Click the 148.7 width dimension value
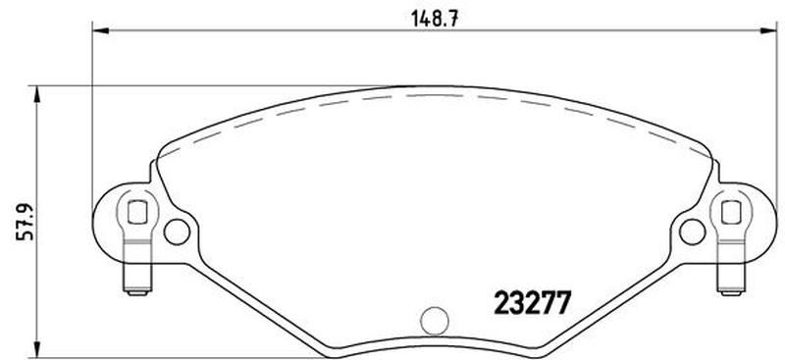[x=435, y=20]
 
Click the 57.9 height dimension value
[x=26, y=222]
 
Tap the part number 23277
[x=532, y=303]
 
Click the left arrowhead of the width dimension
[x=101, y=31]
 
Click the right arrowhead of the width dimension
[x=768, y=31]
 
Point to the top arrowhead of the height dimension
[x=36, y=94]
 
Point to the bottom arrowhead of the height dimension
[x=36, y=349]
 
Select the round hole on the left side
[x=177, y=231]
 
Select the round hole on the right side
[x=693, y=231]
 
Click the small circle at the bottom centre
[x=435, y=321]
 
